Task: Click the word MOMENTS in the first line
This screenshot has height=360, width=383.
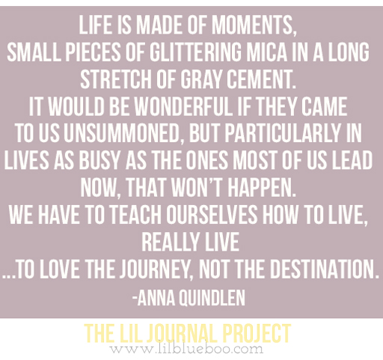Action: pyautogui.click(x=254, y=25)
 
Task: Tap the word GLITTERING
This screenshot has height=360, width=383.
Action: pyautogui.click(x=195, y=52)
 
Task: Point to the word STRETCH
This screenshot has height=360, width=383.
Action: pyautogui.click(x=116, y=79)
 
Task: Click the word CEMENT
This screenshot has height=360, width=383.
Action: pyautogui.click(x=261, y=79)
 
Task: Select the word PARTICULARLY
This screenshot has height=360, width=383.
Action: pyautogui.click(x=283, y=133)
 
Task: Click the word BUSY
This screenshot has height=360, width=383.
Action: pyautogui.click(x=99, y=160)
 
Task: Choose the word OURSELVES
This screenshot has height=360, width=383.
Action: pyautogui.click(x=212, y=214)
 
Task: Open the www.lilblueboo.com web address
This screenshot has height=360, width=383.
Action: pyautogui.click(x=186, y=349)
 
